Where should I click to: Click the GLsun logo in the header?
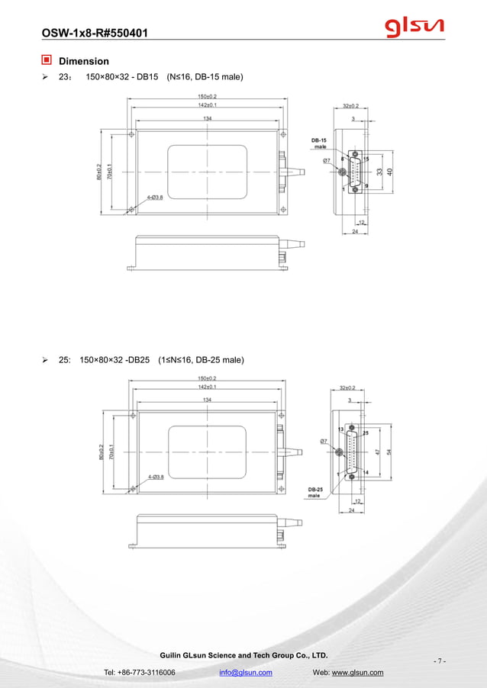coord(414,27)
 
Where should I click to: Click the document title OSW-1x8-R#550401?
coord(94,33)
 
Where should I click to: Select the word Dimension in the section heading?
coord(84,61)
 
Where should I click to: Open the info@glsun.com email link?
coord(246,672)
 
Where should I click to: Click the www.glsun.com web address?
coord(357,672)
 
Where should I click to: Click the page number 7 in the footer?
coord(439,661)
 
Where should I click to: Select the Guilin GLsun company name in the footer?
coord(242,655)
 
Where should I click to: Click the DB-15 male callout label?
coord(320,143)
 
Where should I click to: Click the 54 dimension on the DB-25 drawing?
coord(390,452)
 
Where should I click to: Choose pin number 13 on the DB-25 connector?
coord(340,429)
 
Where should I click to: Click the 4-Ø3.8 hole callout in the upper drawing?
coord(155,197)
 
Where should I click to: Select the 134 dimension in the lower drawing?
coord(207,400)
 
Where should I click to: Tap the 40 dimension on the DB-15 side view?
coord(390,172)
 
